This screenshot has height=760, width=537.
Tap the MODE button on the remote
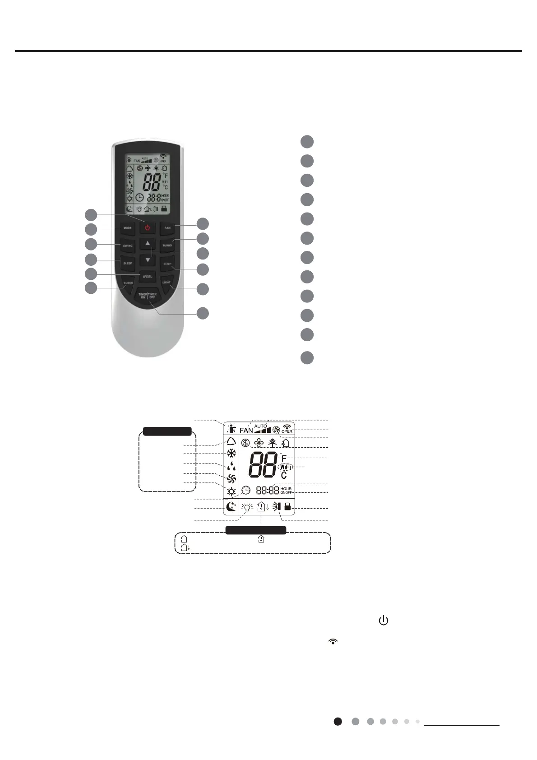[x=128, y=228]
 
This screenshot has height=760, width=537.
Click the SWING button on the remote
[x=128, y=246]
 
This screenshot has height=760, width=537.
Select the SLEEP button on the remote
[x=128, y=263]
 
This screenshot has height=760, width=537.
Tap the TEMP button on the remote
[x=167, y=264]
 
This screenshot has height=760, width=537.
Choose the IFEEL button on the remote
[x=148, y=276]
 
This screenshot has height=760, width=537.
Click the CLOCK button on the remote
[x=128, y=283]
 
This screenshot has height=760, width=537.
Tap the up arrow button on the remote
[x=148, y=243]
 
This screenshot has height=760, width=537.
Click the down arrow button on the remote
[x=148, y=260]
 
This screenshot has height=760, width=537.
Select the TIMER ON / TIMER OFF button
[x=148, y=296]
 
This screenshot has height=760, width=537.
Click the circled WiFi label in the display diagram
[x=285, y=467]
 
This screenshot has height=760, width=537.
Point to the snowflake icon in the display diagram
[x=231, y=454]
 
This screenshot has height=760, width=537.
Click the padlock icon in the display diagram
[x=287, y=507]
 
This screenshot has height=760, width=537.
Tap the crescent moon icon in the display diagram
[x=231, y=507]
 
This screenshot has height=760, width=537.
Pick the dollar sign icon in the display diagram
[x=245, y=443]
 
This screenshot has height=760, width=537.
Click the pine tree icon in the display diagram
[x=272, y=443]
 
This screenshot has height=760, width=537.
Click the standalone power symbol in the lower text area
[x=383, y=621]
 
